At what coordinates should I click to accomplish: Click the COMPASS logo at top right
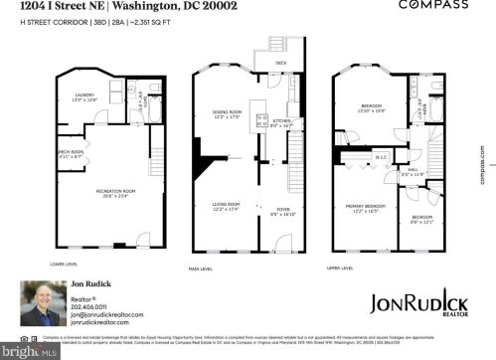tap(432, 6)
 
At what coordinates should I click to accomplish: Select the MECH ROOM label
tap(69, 154)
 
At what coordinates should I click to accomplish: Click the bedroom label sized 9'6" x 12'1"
tap(422, 219)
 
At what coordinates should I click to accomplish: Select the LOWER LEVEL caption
tap(63, 265)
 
